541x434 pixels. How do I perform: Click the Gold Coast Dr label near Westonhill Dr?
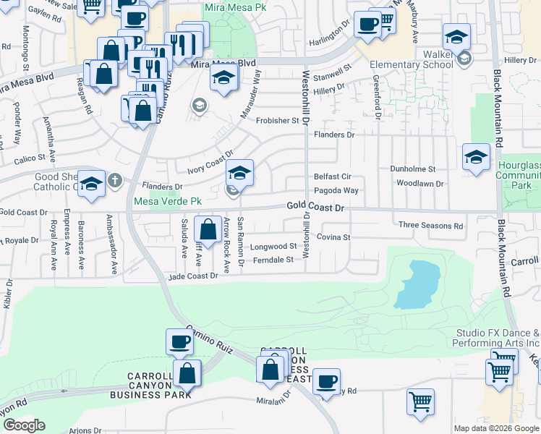[315, 206]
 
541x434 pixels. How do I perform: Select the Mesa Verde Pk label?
[166, 201]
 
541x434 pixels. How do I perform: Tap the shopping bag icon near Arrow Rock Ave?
[208, 230]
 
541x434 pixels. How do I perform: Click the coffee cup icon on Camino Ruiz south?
[179, 342]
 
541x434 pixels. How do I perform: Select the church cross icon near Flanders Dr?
[114, 180]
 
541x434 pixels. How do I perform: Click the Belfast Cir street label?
[332, 176]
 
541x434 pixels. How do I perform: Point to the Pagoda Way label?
[336, 191]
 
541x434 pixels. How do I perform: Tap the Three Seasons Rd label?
[430, 226]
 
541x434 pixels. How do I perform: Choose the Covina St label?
[333, 237]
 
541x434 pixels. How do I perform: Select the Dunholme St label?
[412, 169]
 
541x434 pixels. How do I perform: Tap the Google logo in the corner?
[24, 425]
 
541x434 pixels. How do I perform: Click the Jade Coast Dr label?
[193, 276]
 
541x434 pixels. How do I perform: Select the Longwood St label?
[273, 247]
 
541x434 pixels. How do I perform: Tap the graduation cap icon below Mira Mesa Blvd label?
[225, 77]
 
